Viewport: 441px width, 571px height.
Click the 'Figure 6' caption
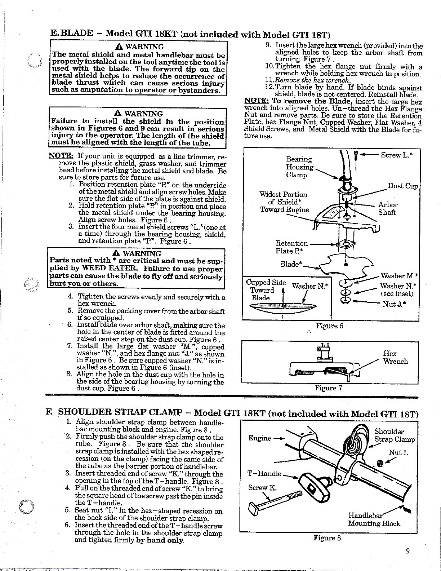point(329,326)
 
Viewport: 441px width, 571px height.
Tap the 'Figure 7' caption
point(328,388)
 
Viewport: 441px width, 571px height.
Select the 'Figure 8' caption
point(327,538)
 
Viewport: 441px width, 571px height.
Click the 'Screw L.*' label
point(396,155)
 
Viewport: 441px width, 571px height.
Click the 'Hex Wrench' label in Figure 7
point(395,357)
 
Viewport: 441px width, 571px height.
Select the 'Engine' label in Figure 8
point(259,438)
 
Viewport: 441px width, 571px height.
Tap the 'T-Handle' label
point(264,473)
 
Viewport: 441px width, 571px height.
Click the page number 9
point(407,551)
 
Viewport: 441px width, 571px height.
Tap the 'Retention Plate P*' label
point(291,247)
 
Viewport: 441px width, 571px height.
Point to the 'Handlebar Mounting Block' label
point(373,519)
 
